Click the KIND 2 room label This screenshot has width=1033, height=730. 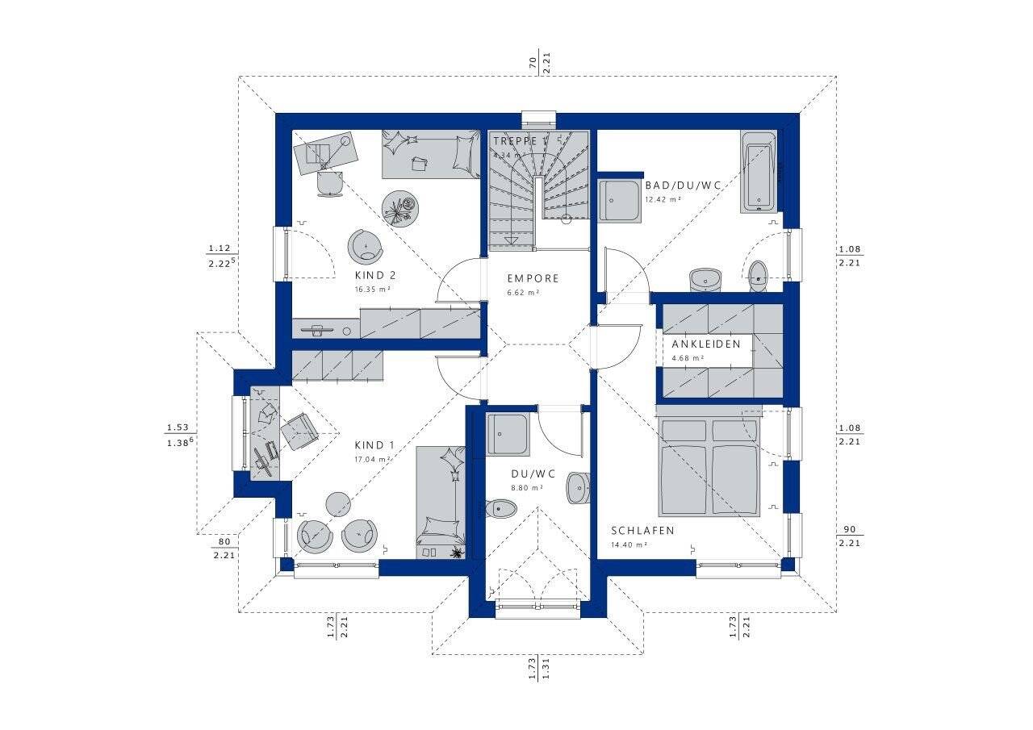(374, 275)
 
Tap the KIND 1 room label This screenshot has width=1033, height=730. (374, 445)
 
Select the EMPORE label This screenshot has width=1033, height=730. (533, 278)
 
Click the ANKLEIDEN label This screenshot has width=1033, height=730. (705, 344)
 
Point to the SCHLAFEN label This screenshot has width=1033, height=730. (642, 531)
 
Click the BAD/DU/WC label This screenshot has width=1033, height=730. (682, 185)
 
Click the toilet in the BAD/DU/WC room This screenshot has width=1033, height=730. (758, 275)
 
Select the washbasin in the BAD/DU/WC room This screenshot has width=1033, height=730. (705, 279)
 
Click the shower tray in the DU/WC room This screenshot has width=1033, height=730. (508, 436)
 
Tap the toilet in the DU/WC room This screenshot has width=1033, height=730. (502, 508)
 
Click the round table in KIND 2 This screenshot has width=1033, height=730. (399, 207)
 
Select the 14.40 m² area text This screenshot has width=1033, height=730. (629, 544)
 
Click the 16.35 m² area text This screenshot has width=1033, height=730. (373, 289)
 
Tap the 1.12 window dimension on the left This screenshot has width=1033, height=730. (220, 248)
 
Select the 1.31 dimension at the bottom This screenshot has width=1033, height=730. (546, 669)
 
